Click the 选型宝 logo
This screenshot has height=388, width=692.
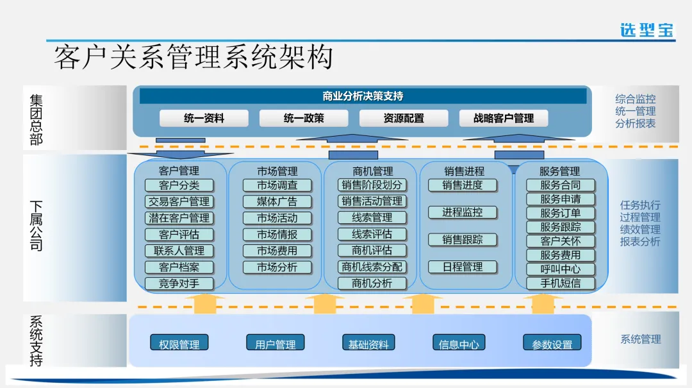coord(647,30)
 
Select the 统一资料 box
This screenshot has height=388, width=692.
coord(204,118)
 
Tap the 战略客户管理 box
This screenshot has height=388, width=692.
coord(504,118)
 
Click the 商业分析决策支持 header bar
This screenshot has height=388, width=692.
coord(363,96)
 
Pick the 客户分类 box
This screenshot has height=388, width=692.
coord(179,185)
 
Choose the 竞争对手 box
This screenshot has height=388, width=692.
coord(179,283)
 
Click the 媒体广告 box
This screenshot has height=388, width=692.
coord(277,201)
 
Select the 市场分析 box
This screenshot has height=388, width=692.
coord(277,267)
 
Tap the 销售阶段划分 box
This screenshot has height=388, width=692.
coord(372,185)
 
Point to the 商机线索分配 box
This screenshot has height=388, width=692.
coord(372,267)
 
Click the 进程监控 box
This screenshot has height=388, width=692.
coord(463,212)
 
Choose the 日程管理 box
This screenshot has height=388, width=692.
coord(463,267)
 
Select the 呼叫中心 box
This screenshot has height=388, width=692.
coord(560,269)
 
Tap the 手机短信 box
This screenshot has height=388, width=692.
coord(560,283)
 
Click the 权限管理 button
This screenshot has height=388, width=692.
coord(179,344)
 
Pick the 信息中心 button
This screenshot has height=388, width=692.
coord(459,344)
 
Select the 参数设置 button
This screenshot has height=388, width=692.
coord(552,344)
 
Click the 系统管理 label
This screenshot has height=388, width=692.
coord(639,339)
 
